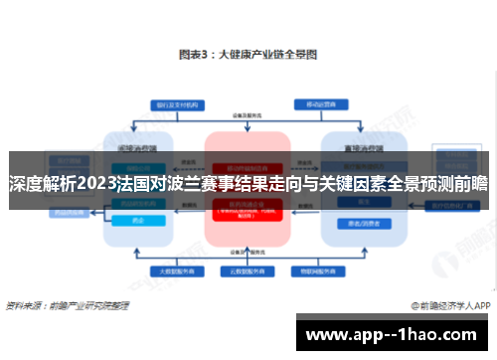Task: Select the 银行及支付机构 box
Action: (176, 104)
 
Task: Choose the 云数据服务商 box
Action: (248, 270)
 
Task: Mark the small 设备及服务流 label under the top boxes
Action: (248, 115)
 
